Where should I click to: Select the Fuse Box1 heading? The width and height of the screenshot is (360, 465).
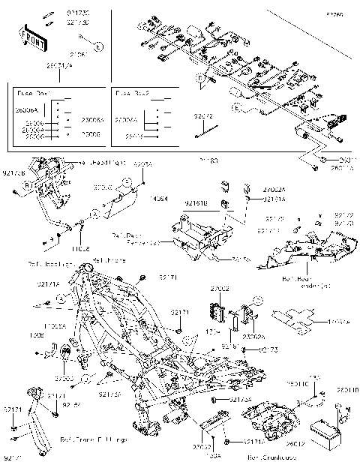34,94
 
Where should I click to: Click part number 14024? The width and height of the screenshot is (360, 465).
159,199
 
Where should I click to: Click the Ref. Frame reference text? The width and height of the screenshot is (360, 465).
106,259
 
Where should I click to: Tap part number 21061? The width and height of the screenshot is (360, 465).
77,55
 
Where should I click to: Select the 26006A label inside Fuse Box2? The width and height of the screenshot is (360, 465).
125,119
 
